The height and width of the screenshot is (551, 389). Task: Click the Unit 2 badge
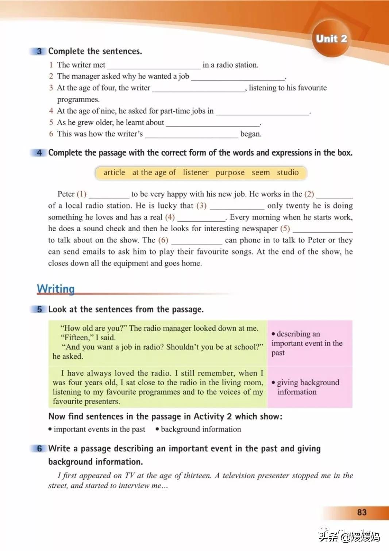331,39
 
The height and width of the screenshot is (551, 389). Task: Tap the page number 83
362,512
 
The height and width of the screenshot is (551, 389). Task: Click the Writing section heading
56,289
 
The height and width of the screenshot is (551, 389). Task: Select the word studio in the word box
288,172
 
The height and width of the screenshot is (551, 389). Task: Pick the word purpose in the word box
230,172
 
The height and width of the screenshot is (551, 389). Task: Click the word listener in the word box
196,172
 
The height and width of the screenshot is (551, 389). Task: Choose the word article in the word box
114,172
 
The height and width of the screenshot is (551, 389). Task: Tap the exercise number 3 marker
39,51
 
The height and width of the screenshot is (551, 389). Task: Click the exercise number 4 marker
39,153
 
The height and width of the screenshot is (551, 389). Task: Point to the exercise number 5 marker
39,309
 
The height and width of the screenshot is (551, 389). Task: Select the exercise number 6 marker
39,448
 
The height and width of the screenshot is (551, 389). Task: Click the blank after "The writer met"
154,66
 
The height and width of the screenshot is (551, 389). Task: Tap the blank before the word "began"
191,135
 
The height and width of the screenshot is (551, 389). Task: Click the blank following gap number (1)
109,195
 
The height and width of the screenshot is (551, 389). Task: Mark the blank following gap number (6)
196,241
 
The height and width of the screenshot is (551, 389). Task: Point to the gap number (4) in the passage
170,217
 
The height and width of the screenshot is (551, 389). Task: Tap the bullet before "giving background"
273,383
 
